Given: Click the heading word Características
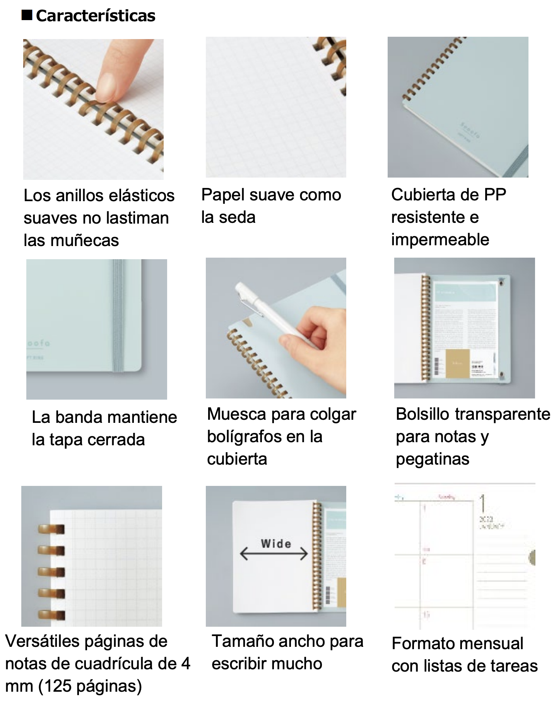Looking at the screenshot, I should click(96, 16).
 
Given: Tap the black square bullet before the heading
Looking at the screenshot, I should click(27, 15).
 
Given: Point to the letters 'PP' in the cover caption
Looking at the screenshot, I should click(495, 195).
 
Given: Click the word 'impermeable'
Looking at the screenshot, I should click(440, 240).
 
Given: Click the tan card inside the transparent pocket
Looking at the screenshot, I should click(457, 363).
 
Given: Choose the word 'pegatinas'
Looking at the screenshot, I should click(432, 459).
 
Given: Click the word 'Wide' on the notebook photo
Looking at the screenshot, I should click(276, 544).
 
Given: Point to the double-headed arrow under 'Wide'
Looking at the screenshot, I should click(274, 554).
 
